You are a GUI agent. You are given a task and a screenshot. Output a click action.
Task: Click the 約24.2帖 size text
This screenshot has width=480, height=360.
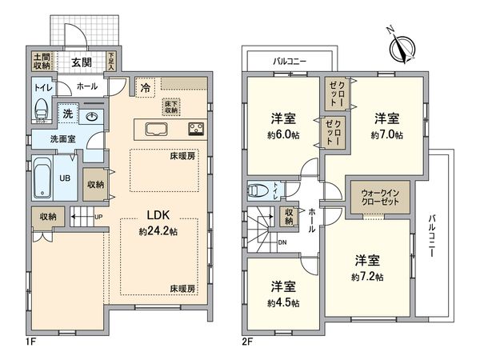(x=158, y=232)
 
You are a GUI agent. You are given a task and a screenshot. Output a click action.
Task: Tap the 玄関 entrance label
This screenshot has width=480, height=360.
(x=80, y=62)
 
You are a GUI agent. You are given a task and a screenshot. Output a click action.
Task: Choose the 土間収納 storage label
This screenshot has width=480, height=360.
(x=42, y=62)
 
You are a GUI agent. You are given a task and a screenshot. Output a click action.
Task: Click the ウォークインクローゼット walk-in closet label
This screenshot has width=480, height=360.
(x=375, y=197)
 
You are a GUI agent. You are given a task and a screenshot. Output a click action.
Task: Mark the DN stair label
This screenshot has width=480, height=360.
(x=282, y=242)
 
